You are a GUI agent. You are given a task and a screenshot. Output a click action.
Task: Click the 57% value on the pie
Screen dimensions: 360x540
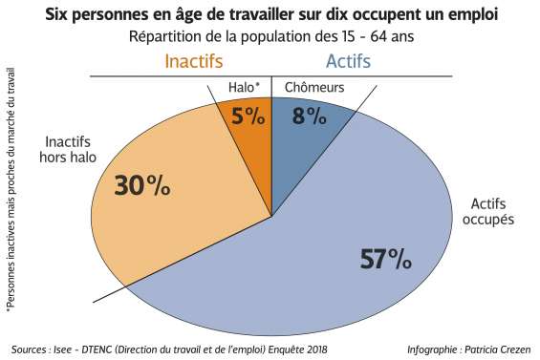(x=385, y=259)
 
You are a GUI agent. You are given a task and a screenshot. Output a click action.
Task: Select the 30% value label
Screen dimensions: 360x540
(x=141, y=186)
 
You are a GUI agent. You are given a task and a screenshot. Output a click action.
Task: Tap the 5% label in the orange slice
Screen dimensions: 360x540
(x=247, y=116)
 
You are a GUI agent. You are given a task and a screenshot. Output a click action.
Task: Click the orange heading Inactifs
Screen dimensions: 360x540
(x=194, y=61)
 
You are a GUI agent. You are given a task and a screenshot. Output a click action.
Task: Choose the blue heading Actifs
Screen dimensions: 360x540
(x=349, y=61)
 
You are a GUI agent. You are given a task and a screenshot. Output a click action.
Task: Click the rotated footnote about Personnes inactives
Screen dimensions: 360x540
(x=11, y=191)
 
